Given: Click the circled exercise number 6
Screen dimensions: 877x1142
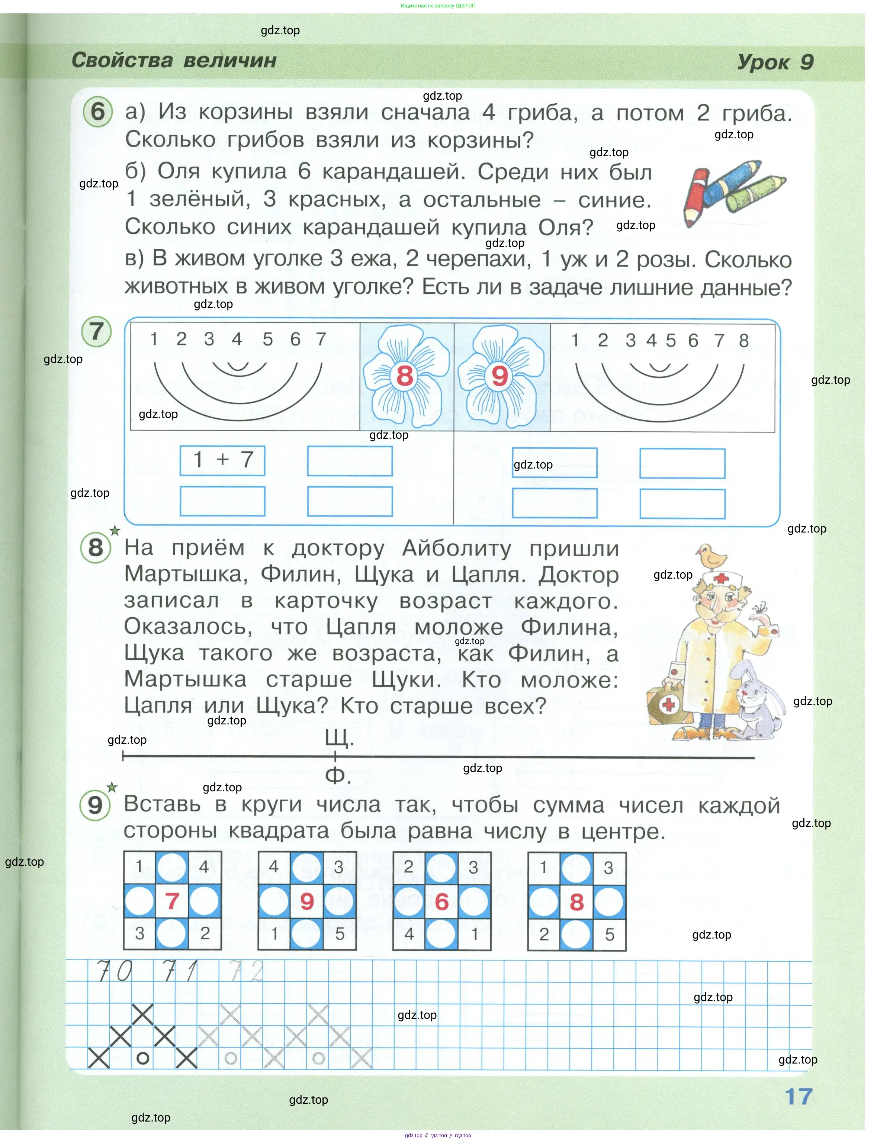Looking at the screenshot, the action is (97, 111).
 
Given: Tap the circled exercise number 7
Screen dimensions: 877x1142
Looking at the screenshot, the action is (97, 331).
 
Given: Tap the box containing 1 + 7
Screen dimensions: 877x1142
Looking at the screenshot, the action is (222, 460).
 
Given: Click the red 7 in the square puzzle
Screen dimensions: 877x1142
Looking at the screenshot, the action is (172, 901).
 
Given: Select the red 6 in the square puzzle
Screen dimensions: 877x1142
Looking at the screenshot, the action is (441, 902).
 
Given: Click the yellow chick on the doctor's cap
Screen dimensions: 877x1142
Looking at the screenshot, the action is (712, 556).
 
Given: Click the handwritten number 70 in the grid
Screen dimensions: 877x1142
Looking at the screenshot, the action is (115, 971).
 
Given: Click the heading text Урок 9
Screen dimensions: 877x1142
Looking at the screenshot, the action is (775, 62).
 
